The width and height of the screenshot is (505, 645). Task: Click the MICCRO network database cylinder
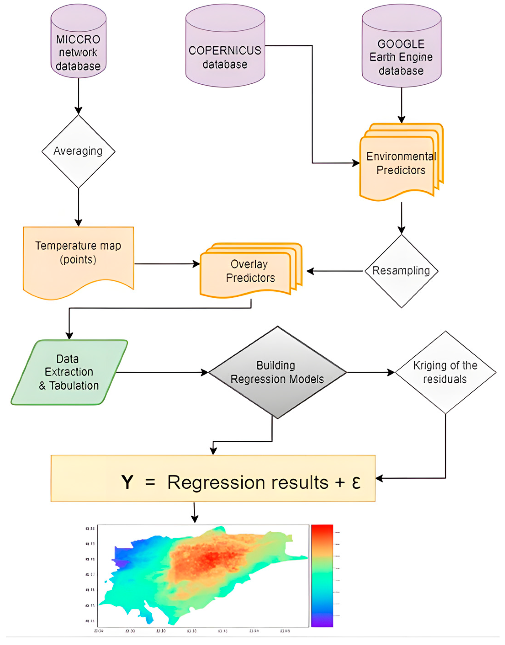78,44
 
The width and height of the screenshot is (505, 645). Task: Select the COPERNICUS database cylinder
225,50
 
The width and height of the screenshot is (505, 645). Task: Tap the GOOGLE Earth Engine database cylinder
401,50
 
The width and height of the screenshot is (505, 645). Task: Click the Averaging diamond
78,151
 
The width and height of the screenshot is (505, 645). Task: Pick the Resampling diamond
401,271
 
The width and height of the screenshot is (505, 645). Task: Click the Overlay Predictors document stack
250,271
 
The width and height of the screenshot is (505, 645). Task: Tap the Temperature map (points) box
78,257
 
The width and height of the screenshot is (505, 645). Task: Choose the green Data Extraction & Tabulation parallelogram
69,372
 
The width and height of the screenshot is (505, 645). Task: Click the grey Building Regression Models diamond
277,372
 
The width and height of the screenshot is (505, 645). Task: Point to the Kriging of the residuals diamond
445,372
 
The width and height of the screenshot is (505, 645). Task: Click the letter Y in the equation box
127,482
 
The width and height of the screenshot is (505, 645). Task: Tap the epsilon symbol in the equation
356,482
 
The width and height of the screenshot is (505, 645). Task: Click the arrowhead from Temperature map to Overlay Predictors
197,264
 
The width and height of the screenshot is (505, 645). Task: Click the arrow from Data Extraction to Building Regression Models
163,372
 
